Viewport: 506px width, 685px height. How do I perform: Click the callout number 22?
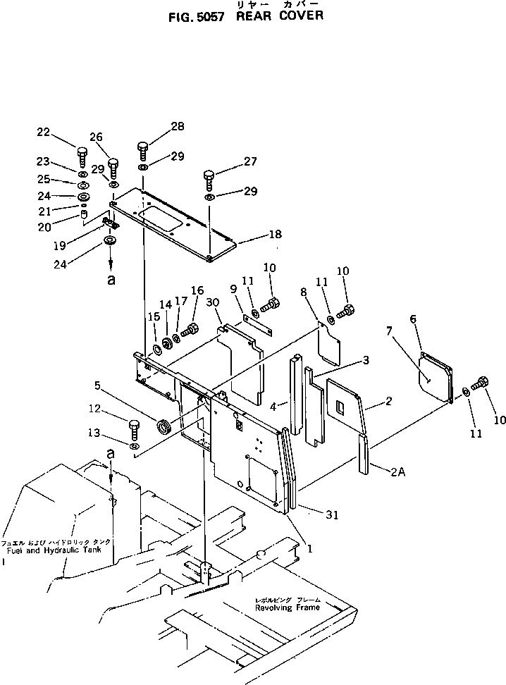[x=43, y=132]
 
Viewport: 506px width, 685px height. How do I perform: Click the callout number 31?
[x=331, y=516]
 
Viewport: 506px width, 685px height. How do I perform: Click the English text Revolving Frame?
[x=288, y=607]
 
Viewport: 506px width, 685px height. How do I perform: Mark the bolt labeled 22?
[x=82, y=155]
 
